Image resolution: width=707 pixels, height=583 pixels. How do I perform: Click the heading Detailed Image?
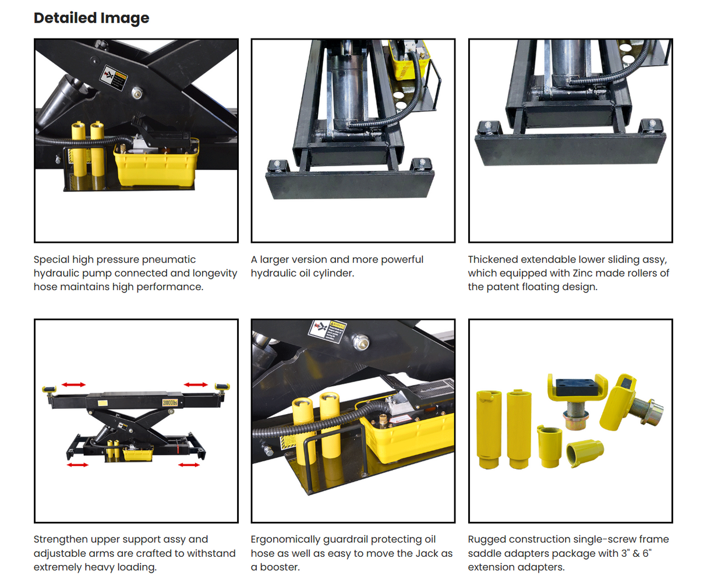coord(91,18)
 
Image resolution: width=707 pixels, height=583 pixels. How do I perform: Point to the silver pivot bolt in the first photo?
coord(137,92)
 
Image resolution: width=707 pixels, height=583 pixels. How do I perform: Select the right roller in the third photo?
coord(652,125)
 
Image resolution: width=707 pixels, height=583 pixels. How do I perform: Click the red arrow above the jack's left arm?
coord(74,384)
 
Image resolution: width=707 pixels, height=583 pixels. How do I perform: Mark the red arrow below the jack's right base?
coord(189,465)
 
